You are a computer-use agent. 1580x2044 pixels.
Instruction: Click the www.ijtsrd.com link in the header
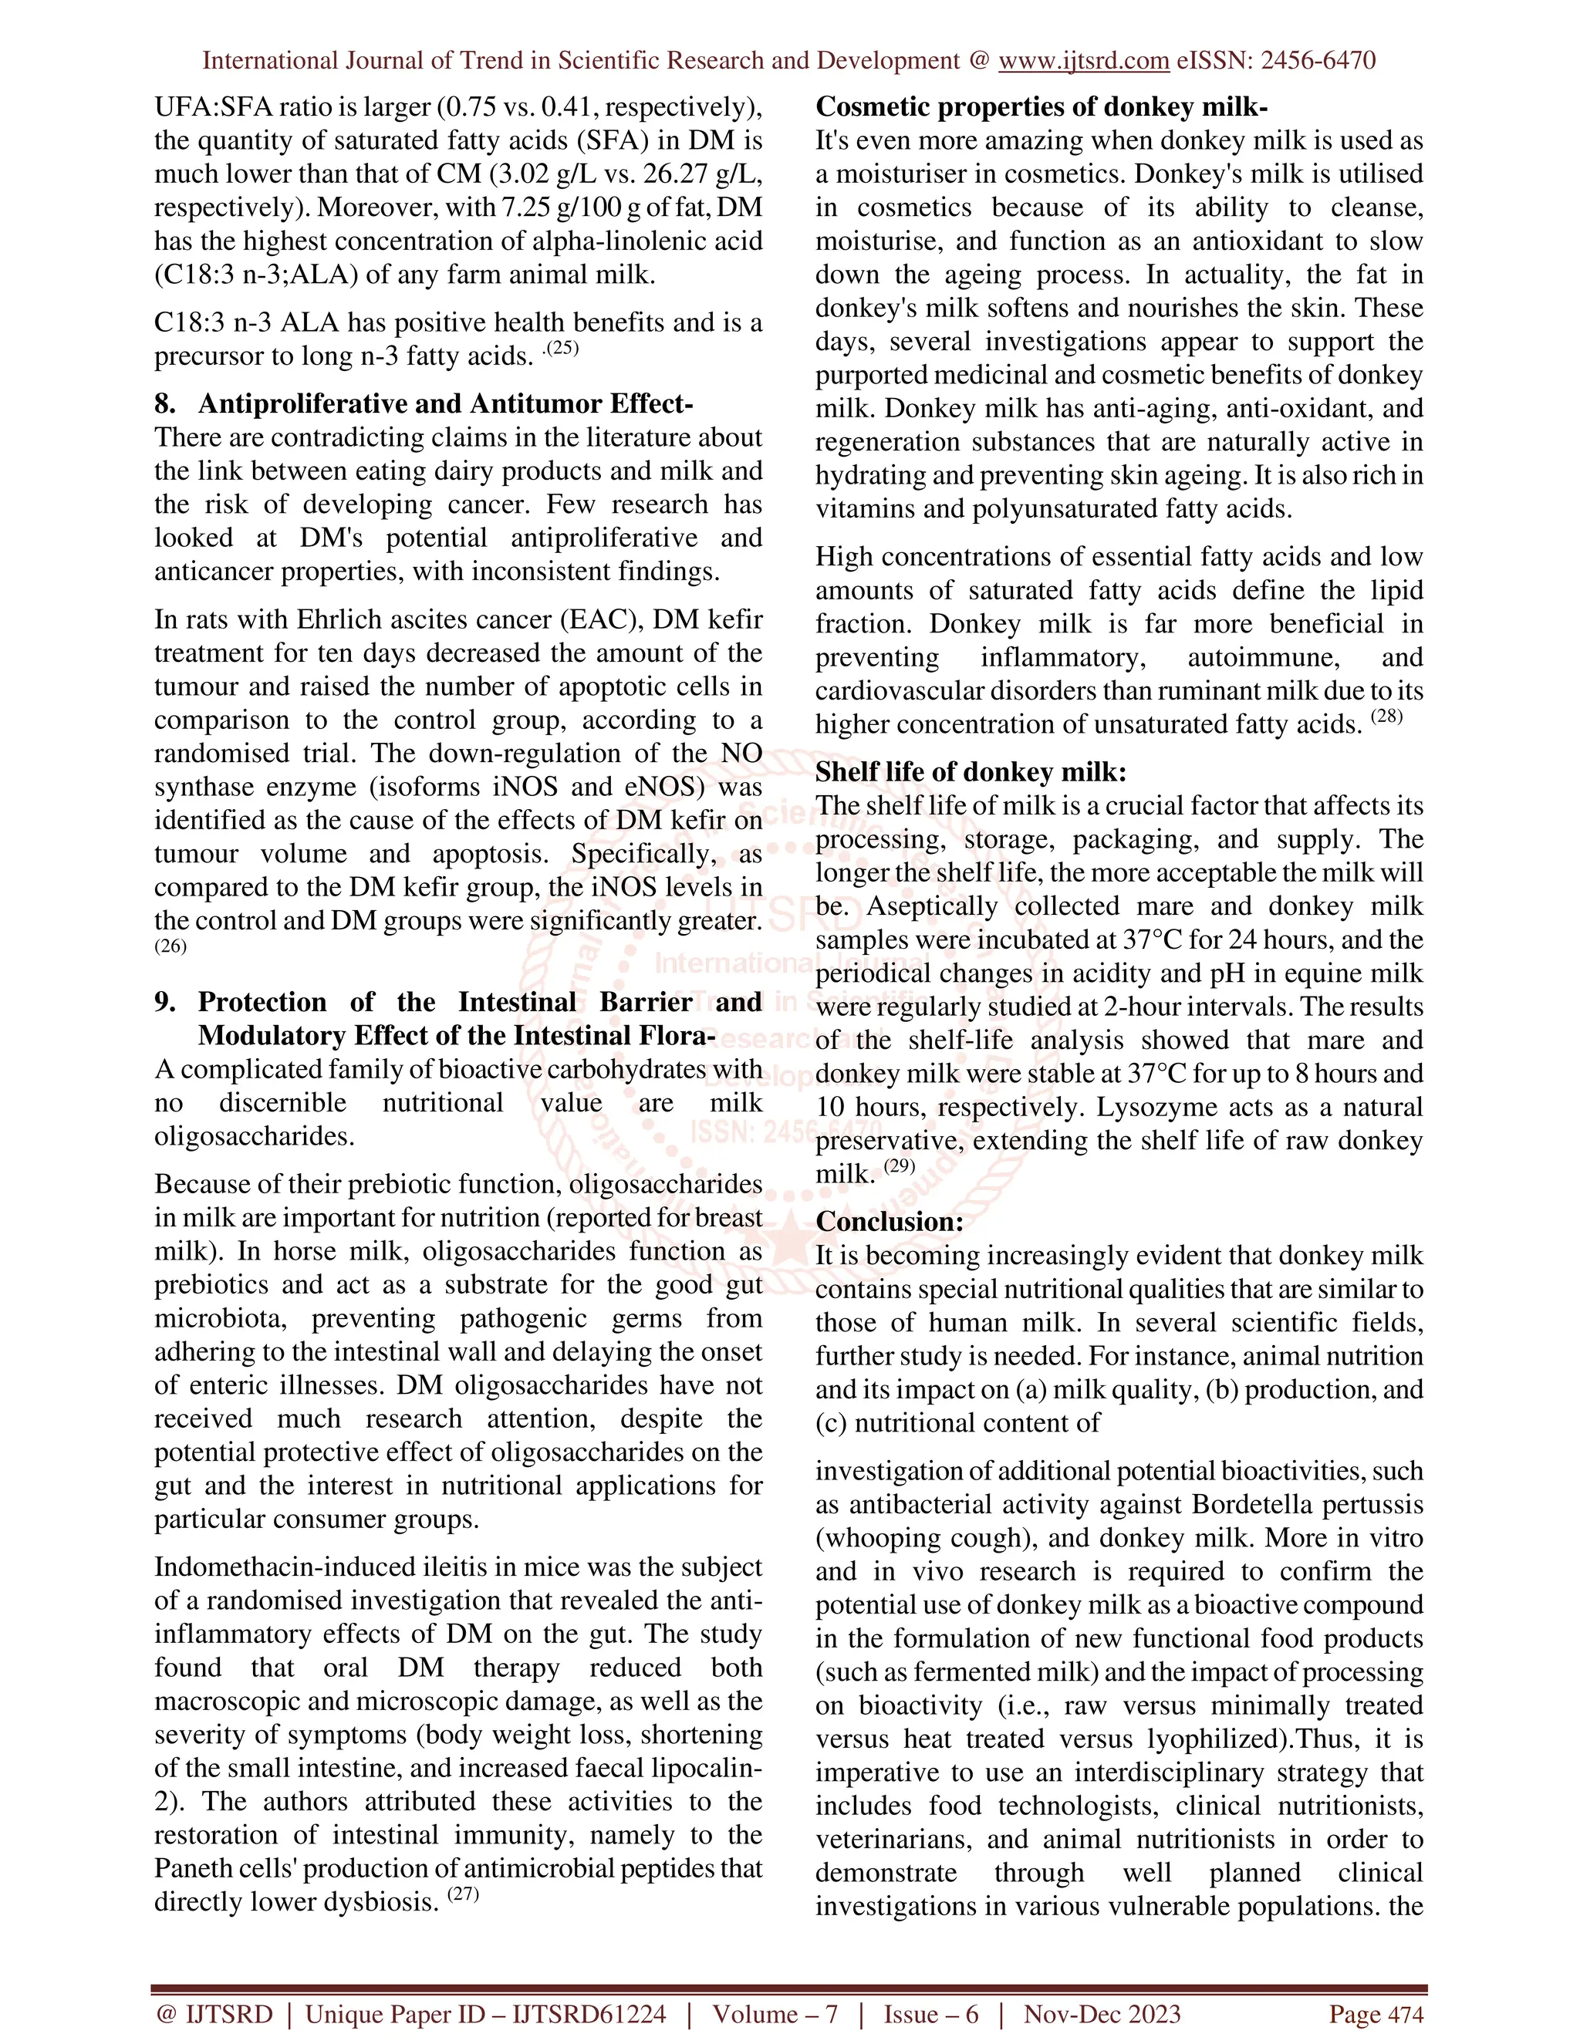tap(1083, 61)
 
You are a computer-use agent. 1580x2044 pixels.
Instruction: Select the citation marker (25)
tap(563, 349)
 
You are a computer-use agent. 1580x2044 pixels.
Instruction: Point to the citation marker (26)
tap(170, 946)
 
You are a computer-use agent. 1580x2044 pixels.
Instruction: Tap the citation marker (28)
tap(1387, 717)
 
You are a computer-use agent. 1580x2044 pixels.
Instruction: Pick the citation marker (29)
tap(899, 1166)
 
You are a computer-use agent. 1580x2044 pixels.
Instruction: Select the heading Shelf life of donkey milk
tap(971, 771)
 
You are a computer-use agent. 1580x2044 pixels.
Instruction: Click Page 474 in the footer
tap(1376, 2013)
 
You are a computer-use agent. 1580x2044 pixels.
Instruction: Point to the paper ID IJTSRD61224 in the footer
tap(589, 2013)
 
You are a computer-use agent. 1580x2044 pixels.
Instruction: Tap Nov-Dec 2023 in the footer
tap(1102, 2013)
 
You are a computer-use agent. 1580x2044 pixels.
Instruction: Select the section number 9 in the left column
tap(164, 1003)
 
